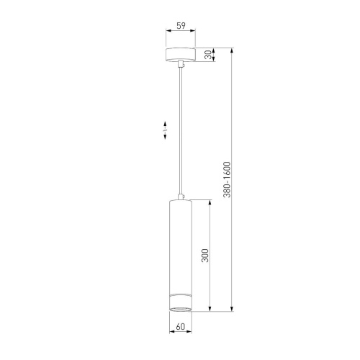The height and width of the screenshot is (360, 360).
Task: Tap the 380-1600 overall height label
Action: coord(227,181)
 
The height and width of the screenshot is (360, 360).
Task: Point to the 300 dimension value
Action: coord(205,256)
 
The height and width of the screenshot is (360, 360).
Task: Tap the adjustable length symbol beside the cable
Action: coord(166,130)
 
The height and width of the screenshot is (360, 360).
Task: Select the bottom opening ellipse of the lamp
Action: coord(180,310)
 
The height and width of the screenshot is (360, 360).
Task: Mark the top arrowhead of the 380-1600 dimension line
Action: coord(232,51)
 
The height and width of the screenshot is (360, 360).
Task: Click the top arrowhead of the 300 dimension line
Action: coord(210,202)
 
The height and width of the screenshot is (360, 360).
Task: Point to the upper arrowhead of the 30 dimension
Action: coord(214,50)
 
